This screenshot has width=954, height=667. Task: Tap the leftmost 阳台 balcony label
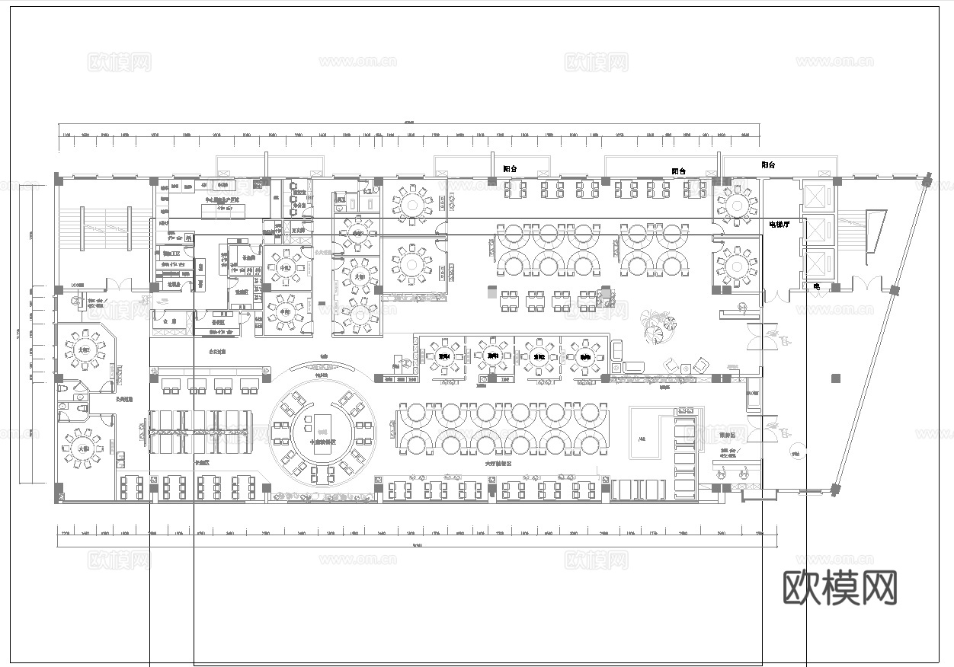click(x=510, y=169)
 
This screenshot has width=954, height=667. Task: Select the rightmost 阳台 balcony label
click(x=768, y=165)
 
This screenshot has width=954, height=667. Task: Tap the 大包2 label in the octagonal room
click(x=84, y=350)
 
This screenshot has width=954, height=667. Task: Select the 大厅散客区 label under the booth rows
click(x=498, y=463)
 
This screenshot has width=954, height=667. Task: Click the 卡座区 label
click(x=201, y=462)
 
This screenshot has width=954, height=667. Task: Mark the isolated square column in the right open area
click(x=836, y=378)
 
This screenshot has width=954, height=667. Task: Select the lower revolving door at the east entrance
click(x=760, y=430)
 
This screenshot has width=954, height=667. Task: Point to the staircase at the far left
click(x=105, y=227)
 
